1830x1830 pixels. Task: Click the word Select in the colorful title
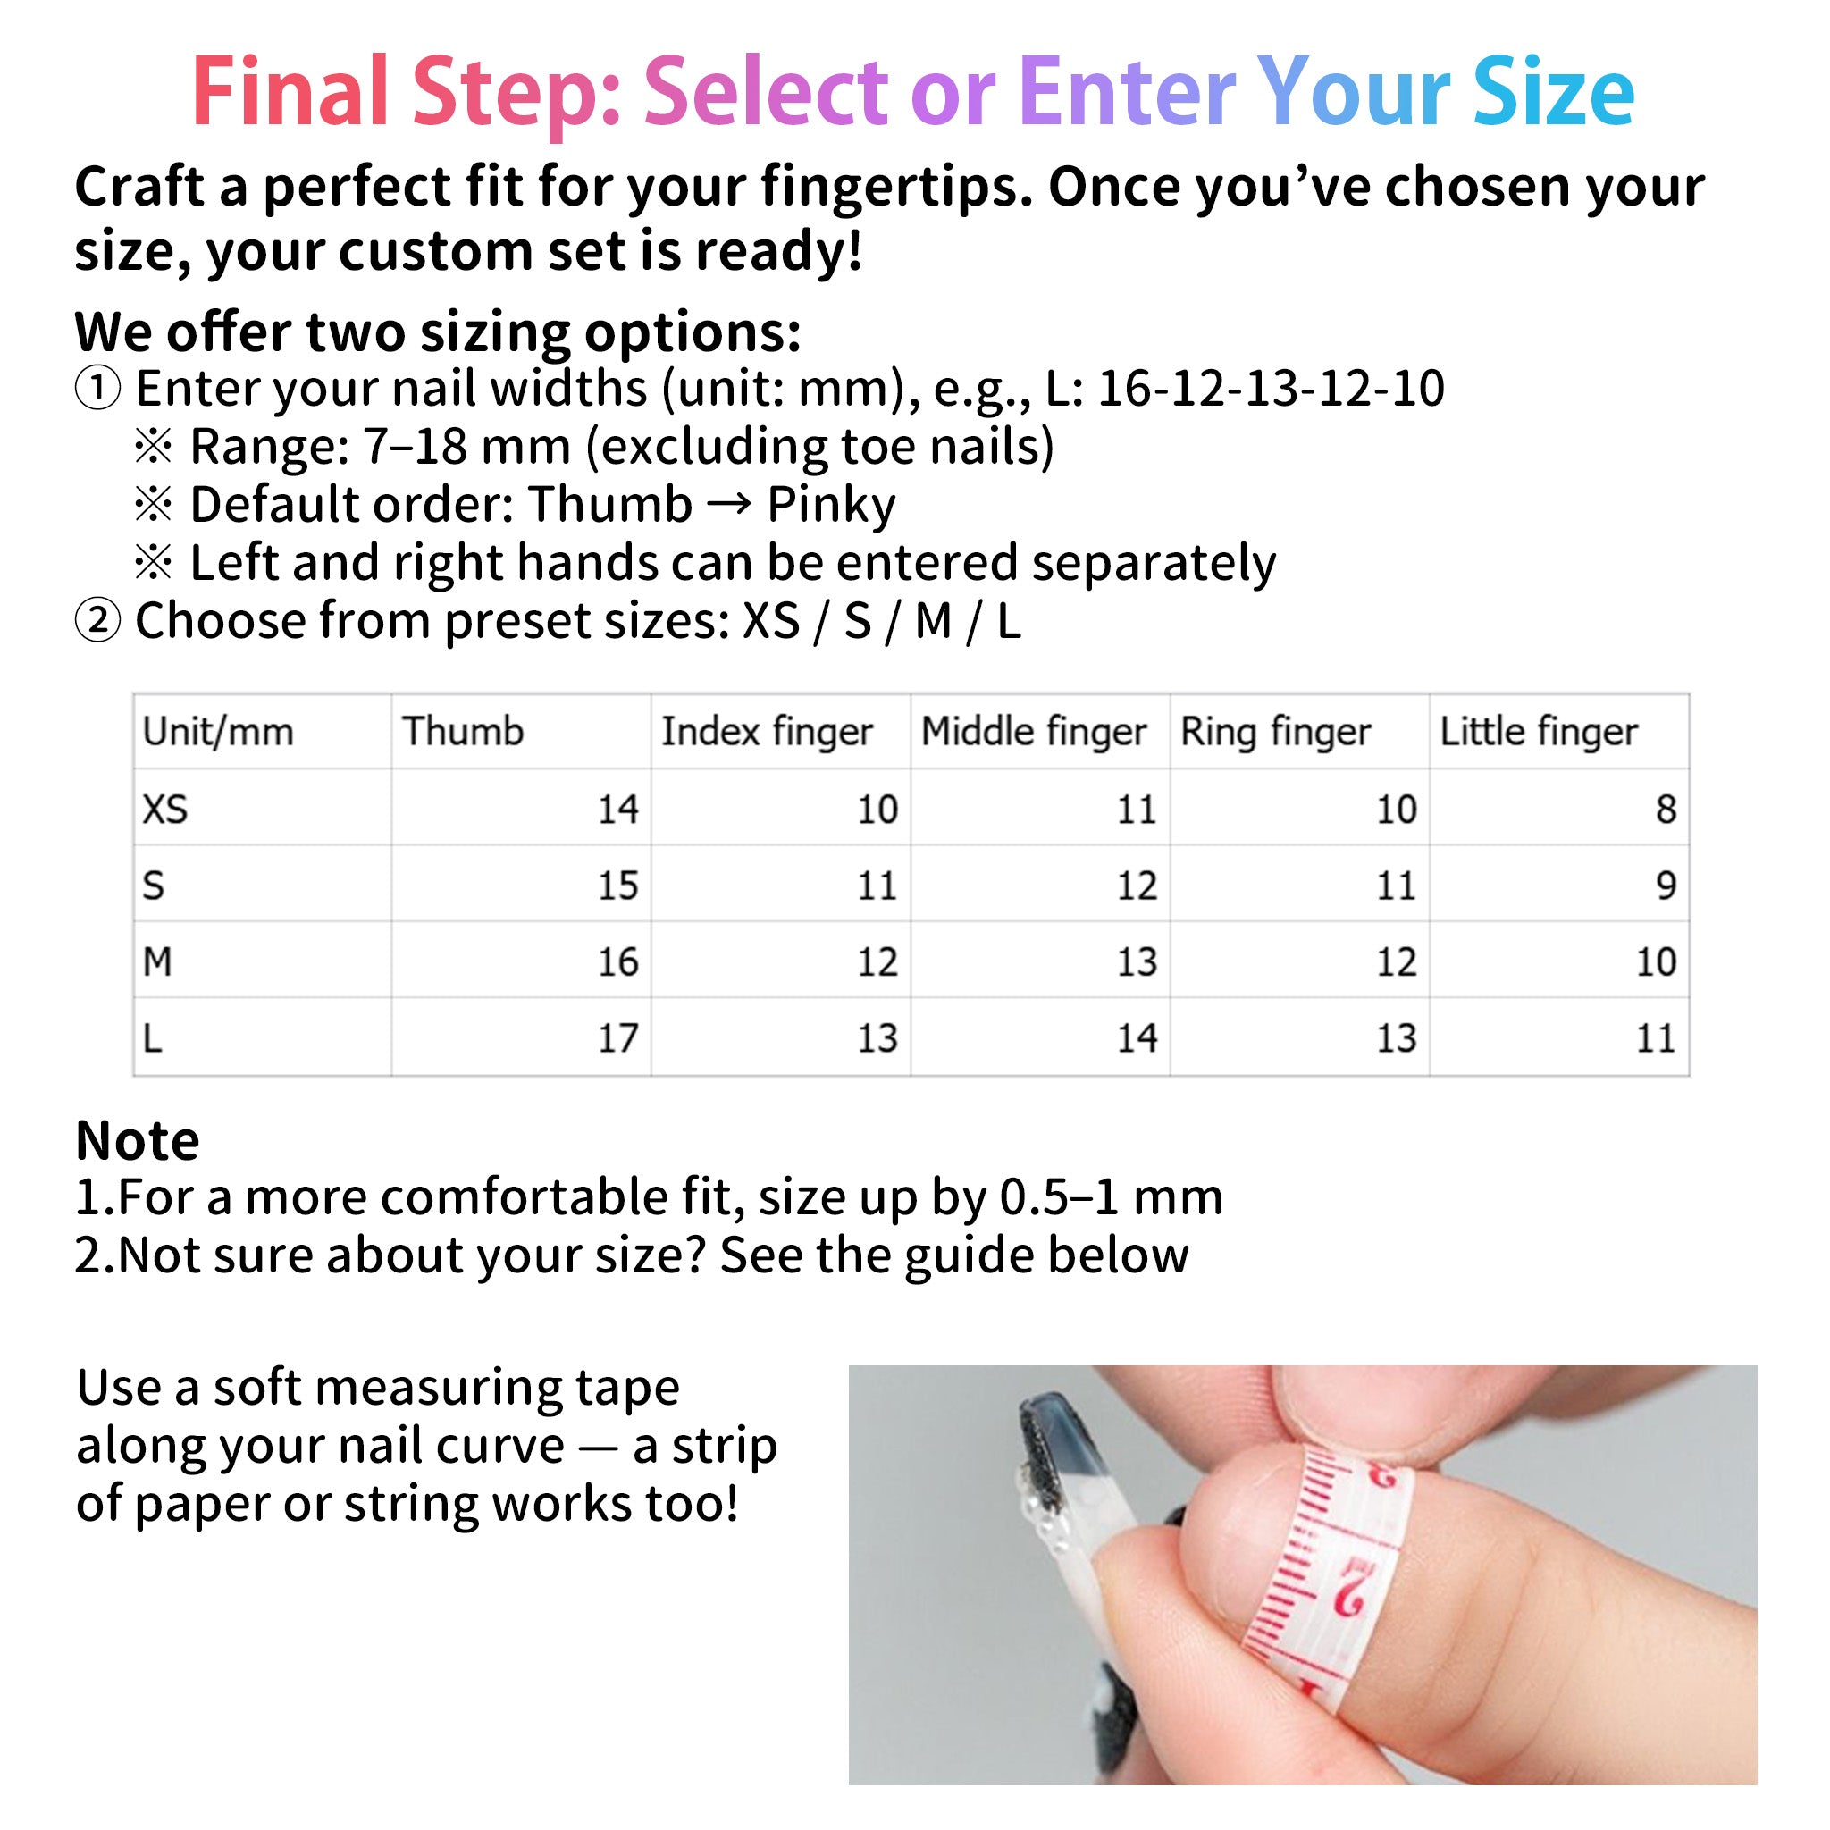click(x=766, y=92)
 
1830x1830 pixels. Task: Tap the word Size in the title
click(x=1553, y=92)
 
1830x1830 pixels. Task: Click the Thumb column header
click(x=462, y=732)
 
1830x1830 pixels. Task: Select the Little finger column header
click(x=1539, y=732)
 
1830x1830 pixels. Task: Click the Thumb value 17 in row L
click(x=617, y=1039)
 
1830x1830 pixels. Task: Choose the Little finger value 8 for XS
click(x=1666, y=810)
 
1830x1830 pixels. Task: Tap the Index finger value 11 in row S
click(x=877, y=886)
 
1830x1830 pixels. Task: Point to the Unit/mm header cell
click(x=218, y=732)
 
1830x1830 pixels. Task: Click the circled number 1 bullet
click(x=97, y=389)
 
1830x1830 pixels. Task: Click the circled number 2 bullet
click(x=97, y=621)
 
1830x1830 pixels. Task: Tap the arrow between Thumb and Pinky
click(x=728, y=503)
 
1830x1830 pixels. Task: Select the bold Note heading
click(x=138, y=1140)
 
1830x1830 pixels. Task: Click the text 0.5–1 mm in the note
click(x=1111, y=1197)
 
